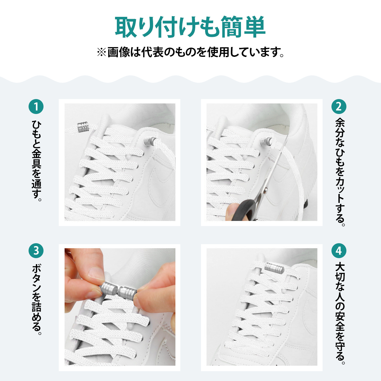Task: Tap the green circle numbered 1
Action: [36, 107]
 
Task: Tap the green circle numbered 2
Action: [339, 107]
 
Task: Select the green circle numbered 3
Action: [36, 251]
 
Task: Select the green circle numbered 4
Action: [339, 251]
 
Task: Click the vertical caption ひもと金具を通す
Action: [36, 160]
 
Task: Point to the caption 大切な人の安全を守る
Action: [339, 313]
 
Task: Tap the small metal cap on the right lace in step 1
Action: [150, 141]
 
